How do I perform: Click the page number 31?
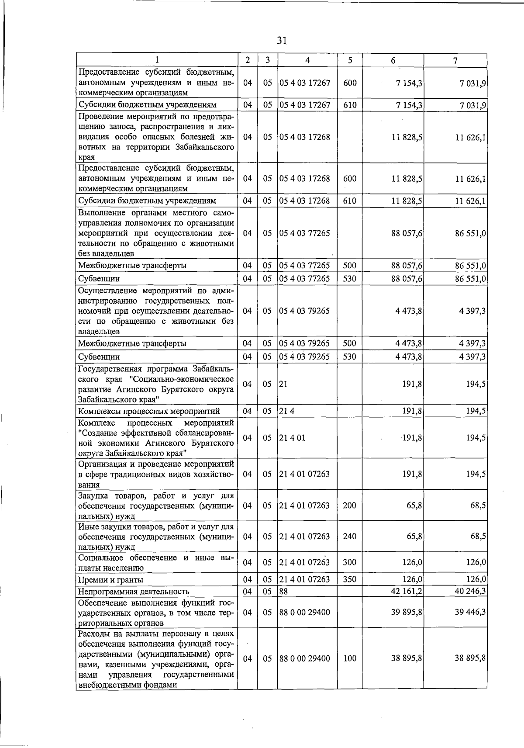(282, 41)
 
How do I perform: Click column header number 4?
(307, 61)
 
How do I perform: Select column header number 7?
(455, 61)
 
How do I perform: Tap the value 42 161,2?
(407, 591)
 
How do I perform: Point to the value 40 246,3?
(470, 591)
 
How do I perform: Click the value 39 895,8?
(407, 612)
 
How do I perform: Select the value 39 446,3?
(470, 612)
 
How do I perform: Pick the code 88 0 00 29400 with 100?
(305, 658)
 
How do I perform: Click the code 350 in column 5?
(350, 579)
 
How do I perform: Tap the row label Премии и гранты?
(110, 580)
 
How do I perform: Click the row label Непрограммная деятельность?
(134, 592)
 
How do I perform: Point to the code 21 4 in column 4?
(286, 411)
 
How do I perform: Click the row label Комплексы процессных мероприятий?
(149, 411)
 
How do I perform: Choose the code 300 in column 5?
(350, 562)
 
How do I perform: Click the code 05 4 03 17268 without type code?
(305, 137)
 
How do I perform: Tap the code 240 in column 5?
(350, 536)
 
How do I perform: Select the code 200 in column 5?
(350, 506)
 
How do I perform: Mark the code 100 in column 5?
(350, 658)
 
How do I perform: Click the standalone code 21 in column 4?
(283, 384)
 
